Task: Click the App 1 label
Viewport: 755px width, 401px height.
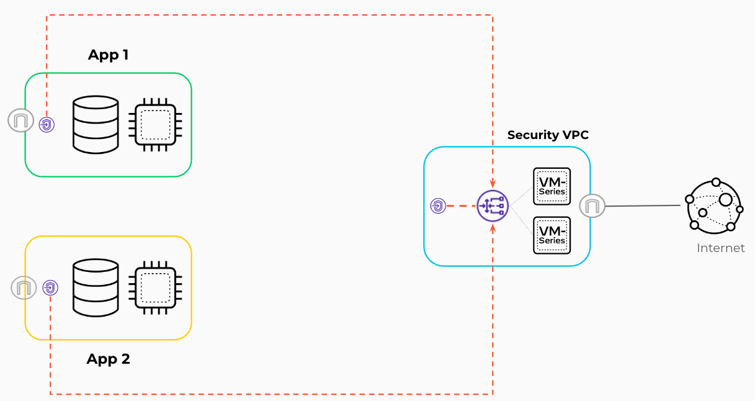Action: [x=108, y=55]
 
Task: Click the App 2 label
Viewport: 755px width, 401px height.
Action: [x=108, y=359]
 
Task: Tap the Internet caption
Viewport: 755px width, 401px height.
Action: [x=720, y=248]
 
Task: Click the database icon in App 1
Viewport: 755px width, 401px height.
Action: [x=95, y=124]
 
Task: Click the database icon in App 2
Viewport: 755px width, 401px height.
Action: [x=95, y=287]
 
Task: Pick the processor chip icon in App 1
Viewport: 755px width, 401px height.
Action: [x=154, y=124]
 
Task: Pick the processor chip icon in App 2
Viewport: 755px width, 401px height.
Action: [x=154, y=287]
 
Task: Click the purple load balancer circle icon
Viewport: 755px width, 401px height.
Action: [x=493, y=205]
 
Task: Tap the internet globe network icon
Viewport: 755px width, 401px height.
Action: [x=714, y=206]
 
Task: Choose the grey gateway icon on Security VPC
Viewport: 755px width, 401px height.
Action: [x=592, y=205]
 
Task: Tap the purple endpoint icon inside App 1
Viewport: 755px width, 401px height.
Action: [x=47, y=125]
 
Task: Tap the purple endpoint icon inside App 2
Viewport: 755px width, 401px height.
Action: [x=50, y=287]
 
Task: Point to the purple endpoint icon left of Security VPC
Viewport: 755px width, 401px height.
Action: [x=438, y=205]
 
